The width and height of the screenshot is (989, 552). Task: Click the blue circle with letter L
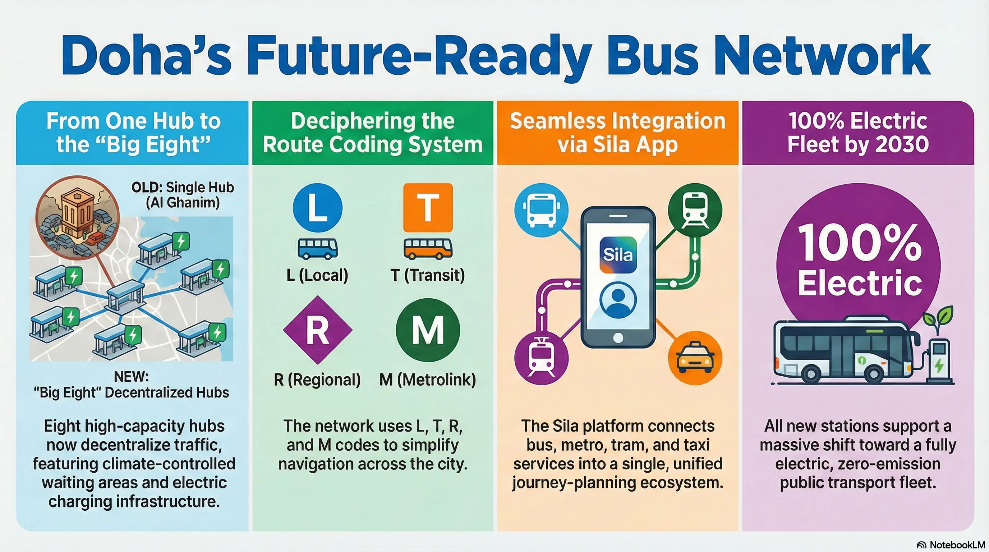318,208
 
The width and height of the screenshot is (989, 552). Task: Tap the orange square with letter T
428,208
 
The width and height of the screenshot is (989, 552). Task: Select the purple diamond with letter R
318,330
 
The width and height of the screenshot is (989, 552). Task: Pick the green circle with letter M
428,330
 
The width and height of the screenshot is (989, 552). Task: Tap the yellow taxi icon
695,358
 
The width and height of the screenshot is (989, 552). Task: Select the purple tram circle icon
541,357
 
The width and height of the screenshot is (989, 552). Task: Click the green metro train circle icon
695,210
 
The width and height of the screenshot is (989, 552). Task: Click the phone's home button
618,338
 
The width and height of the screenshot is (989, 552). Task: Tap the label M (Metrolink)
428,379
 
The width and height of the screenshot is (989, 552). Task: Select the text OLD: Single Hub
183,187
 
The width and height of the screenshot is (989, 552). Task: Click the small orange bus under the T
428,248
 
